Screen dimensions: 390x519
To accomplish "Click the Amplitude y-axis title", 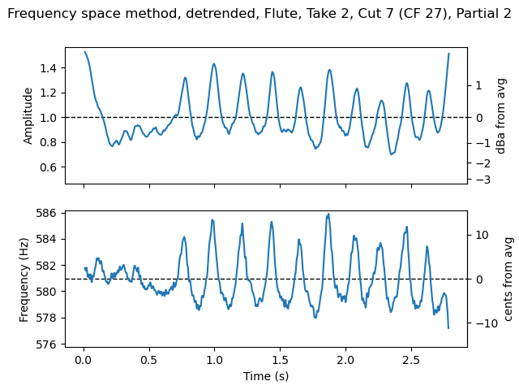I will coord(28,116).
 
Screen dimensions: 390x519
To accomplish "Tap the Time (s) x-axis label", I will coord(266,376).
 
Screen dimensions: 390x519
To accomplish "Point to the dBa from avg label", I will coord(501,116).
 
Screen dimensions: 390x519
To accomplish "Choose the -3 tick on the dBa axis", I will coord(482,180).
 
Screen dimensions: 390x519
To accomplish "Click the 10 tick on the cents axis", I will coord(483,235).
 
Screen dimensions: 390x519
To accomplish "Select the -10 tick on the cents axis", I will coord(481,323).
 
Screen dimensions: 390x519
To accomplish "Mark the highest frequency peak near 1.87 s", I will coord(328,214).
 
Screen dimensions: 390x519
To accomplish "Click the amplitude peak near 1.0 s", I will coord(214,63).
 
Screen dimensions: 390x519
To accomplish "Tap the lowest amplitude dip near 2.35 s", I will coord(392,154).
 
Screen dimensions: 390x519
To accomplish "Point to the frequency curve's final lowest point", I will coord(448,327).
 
